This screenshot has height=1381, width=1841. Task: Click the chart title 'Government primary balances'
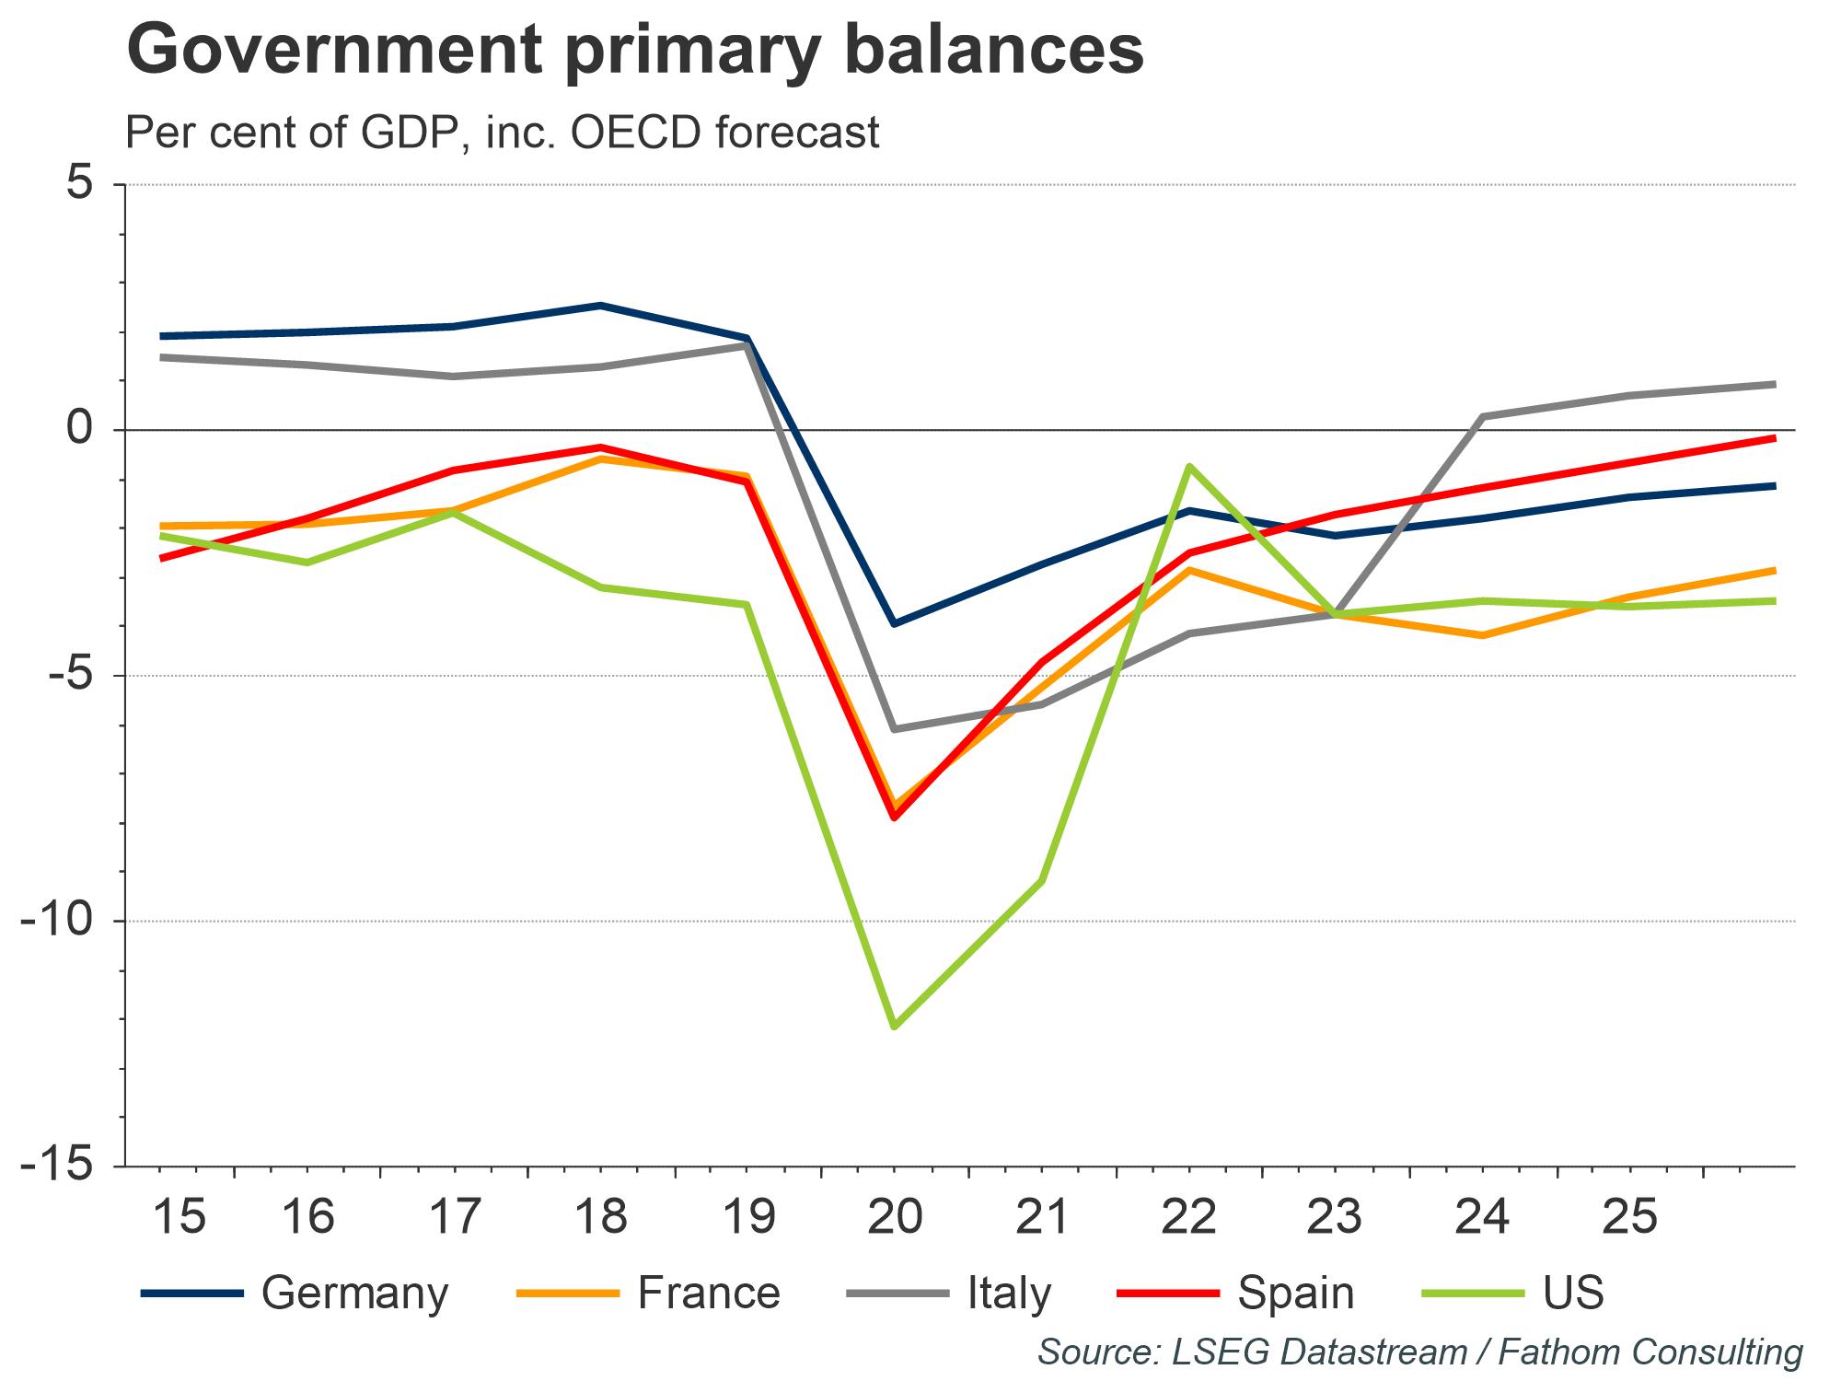635,51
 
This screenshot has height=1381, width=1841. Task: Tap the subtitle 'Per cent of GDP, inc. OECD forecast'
503,133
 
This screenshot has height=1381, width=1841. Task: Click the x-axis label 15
179,1216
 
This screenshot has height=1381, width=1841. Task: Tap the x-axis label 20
895,1216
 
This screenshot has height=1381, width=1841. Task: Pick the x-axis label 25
1630,1216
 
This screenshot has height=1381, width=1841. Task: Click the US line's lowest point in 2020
895,1027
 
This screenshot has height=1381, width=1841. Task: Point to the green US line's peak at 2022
1188,466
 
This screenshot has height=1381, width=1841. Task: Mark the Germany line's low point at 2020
895,624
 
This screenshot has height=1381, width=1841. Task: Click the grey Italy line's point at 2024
1483,416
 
